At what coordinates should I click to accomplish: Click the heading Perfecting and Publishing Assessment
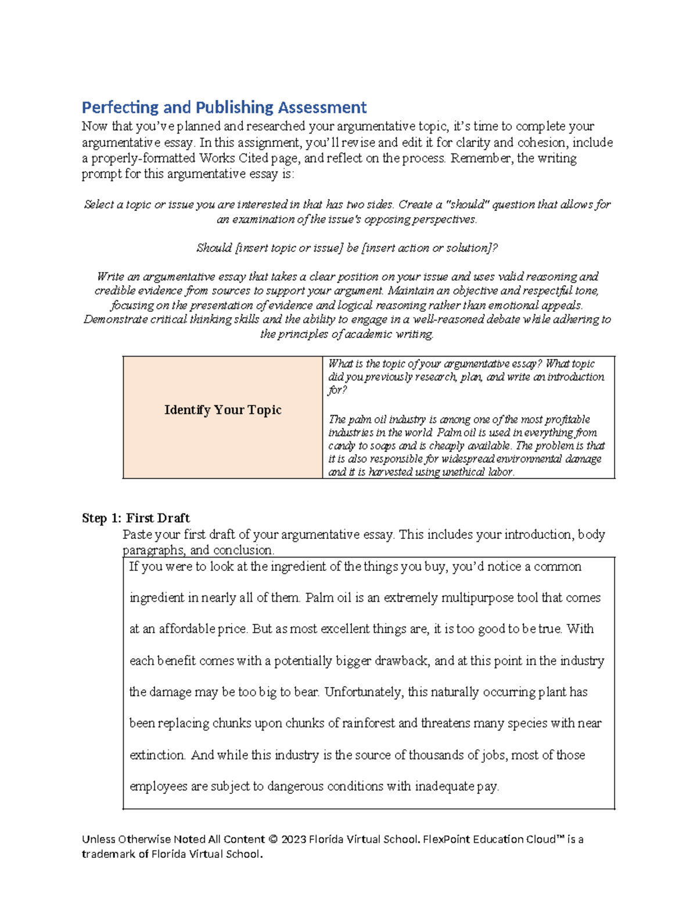point(224,107)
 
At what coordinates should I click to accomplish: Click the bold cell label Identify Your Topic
point(222,410)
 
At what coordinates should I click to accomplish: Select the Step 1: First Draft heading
point(135,518)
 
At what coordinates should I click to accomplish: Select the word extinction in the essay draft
point(157,755)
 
